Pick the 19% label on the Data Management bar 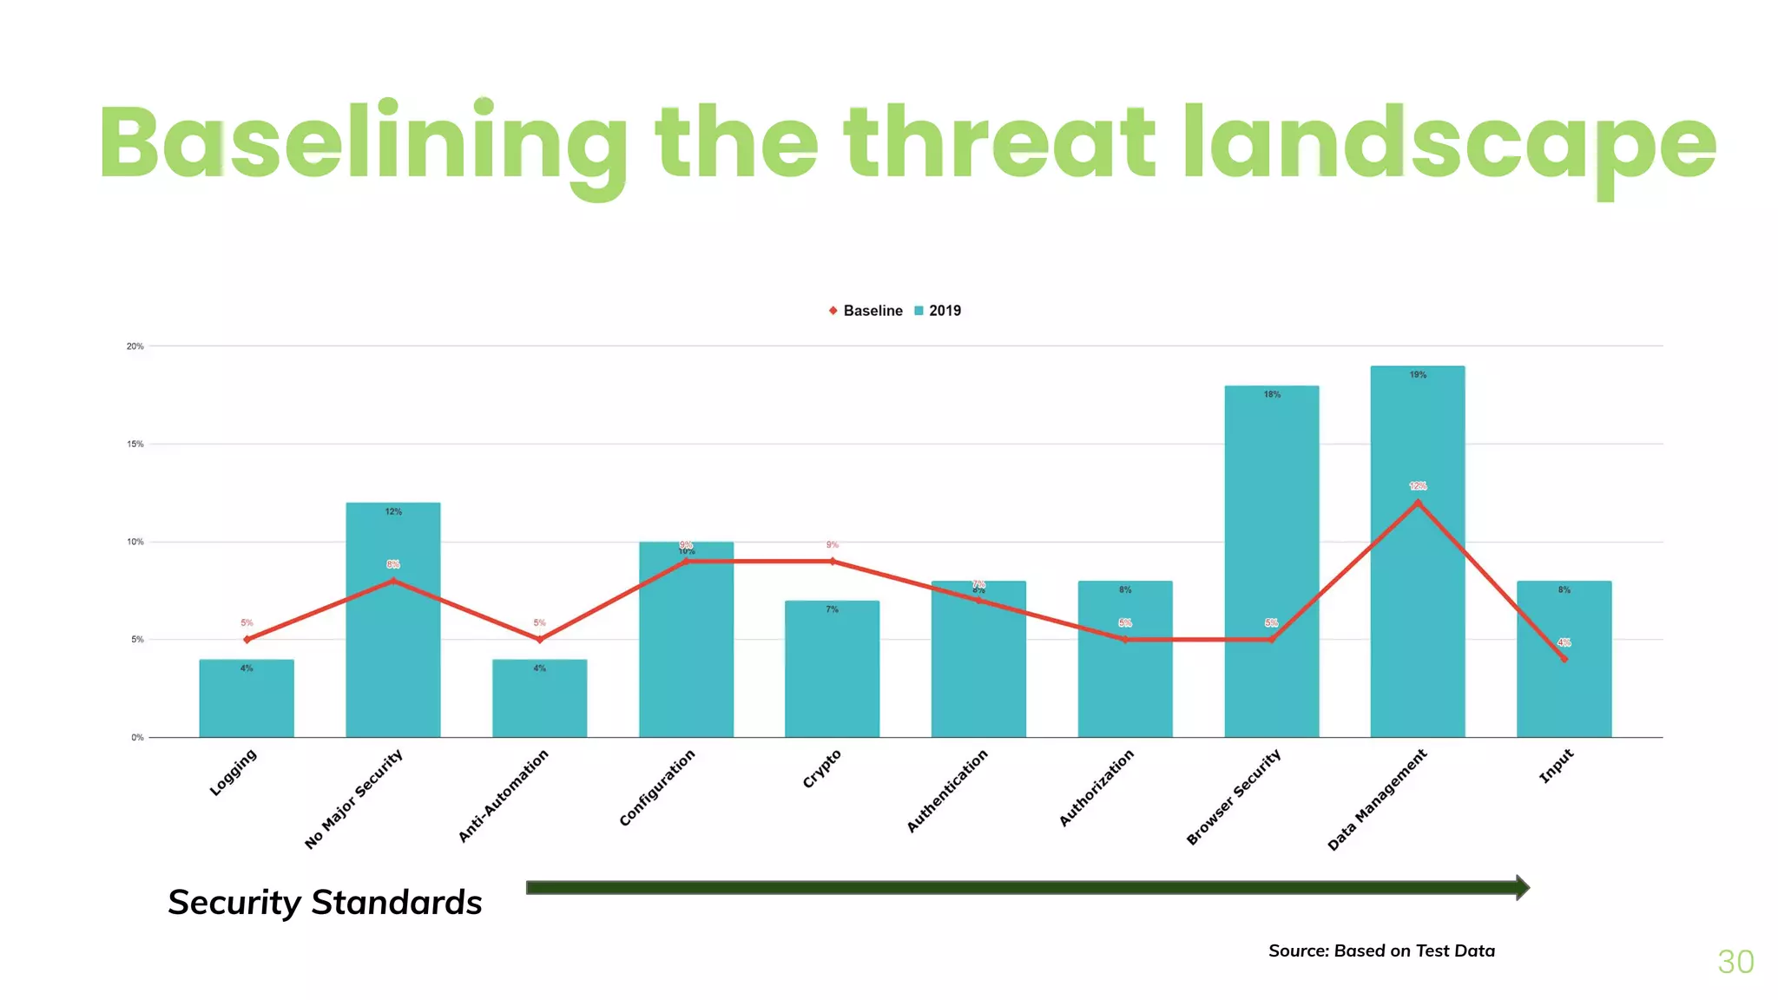(1418, 375)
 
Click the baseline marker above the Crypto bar (832, 562)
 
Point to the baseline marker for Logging (247, 640)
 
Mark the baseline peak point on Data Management (1418, 502)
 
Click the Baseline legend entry (866, 311)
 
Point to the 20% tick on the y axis (135, 346)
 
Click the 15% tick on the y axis (135, 444)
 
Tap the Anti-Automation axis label (504, 795)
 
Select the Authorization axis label (1096, 787)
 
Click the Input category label (1556, 766)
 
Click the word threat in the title (998, 143)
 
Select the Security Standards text (325, 903)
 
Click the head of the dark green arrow (1522, 887)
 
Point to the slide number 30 (1735, 962)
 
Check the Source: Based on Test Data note (1381, 951)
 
